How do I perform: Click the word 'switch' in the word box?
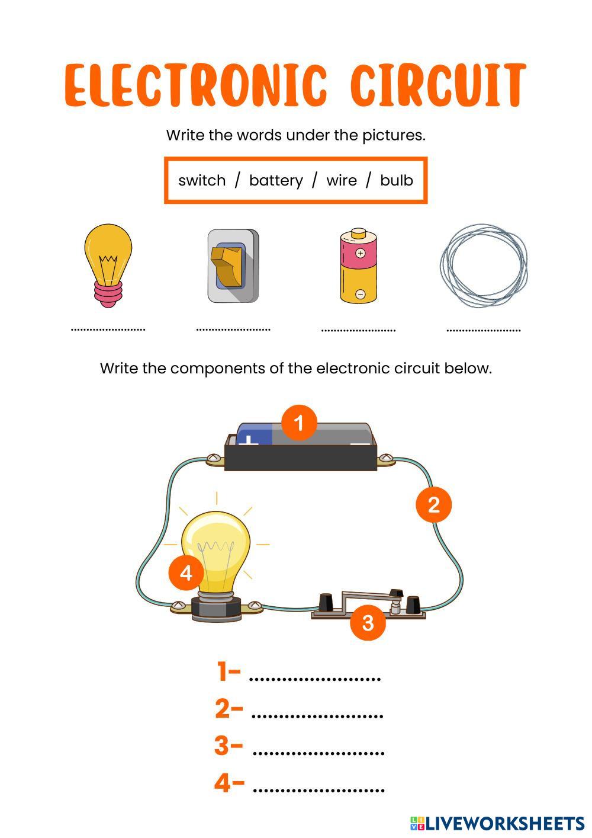click(202, 180)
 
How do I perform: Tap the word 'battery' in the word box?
click(276, 181)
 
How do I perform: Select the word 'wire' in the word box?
click(342, 181)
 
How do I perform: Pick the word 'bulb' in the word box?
click(397, 180)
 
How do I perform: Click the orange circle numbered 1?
click(299, 423)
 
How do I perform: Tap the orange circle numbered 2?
click(433, 504)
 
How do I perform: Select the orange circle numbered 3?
click(368, 622)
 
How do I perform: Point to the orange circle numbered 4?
click(186, 572)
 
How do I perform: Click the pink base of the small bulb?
click(108, 294)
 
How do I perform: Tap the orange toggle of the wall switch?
click(226, 266)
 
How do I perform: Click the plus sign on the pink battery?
click(360, 253)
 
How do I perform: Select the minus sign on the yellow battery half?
click(361, 294)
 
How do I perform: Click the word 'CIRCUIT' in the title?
click(439, 85)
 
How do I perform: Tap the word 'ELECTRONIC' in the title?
click(196, 85)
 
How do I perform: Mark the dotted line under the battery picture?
click(358, 330)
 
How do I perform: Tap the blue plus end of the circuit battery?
click(254, 436)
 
